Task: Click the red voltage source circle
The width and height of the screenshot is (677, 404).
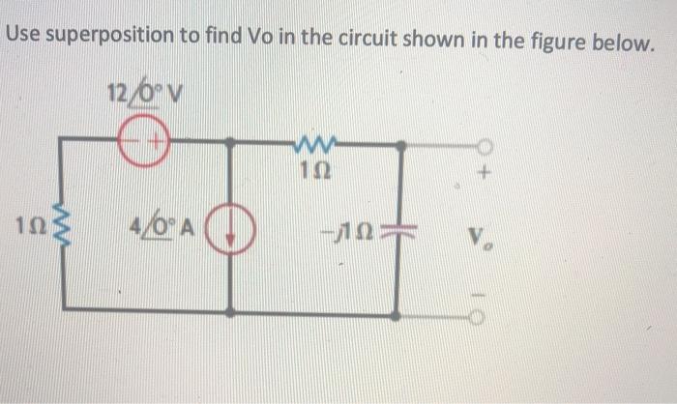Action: (x=142, y=143)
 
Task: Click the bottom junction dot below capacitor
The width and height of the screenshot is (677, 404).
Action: (x=396, y=314)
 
